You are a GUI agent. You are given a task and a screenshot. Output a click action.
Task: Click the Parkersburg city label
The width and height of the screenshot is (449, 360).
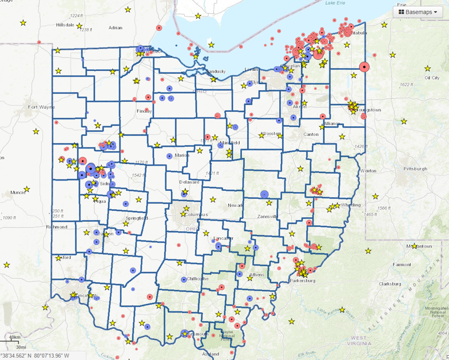point(303,281)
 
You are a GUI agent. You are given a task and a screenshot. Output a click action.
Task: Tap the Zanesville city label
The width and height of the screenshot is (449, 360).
point(265,217)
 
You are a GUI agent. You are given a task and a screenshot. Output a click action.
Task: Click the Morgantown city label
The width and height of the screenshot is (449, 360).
point(422,246)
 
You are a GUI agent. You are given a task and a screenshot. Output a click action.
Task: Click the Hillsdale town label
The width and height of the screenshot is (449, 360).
point(66,25)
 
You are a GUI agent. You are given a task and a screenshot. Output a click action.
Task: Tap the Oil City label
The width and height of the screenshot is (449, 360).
point(432,77)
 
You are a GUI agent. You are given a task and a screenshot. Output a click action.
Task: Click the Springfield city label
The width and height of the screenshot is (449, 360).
point(137,218)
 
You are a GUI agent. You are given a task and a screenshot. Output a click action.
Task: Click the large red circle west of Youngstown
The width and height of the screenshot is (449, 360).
point(363,67)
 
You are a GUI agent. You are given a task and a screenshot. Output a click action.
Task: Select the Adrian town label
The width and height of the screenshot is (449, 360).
point(116,27)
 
